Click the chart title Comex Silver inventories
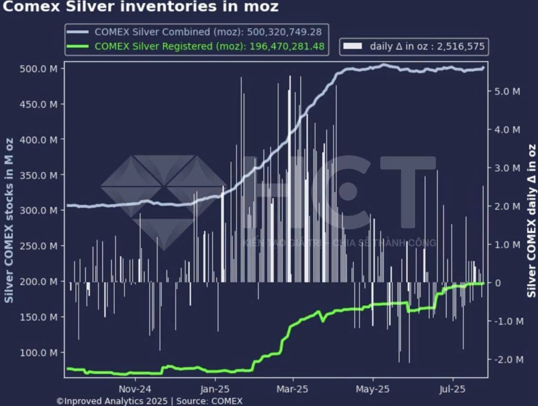(140, 7)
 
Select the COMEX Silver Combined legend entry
(197, 32)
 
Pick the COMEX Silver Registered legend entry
(197, 46)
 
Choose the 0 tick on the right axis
(498, 283)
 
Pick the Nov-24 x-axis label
(135, 389)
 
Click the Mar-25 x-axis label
(293, 389)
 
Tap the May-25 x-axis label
(372, 389)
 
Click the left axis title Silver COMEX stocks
(9, 220)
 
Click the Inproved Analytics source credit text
(149, 401)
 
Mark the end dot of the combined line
(483, 68)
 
